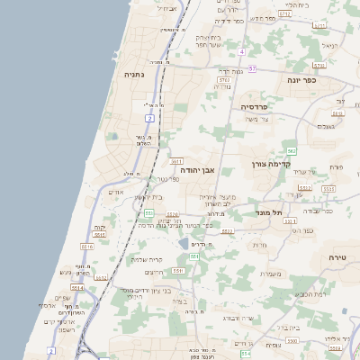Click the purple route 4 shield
tap(242, 51)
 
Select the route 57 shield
tap(253, 68)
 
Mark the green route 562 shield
tap(292, 150)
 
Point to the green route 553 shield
tap(148, 213)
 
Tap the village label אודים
tap(115, 192)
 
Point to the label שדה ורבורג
tap(242, 318)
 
